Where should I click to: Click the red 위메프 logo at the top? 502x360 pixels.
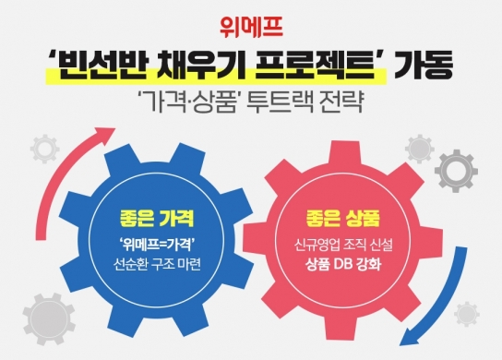pos(251,28)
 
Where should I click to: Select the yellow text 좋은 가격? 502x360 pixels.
pos(157,219)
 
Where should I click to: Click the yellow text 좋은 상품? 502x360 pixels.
pos(343,219)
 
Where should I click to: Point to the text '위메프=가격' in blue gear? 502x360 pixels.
pos(157,246)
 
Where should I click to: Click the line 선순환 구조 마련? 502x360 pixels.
pos(157,265)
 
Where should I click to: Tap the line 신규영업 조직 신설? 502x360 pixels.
pos(343,246)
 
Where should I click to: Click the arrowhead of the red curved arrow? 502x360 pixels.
pos(105,134)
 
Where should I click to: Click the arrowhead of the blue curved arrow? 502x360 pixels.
pos(409,338)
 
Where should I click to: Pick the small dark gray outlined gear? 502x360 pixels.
pos(456,171)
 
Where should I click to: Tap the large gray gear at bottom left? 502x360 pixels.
pos(49,319)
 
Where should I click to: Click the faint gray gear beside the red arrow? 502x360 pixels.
pos(45,149)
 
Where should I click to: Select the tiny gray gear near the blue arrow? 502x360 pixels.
pos(467,314)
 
